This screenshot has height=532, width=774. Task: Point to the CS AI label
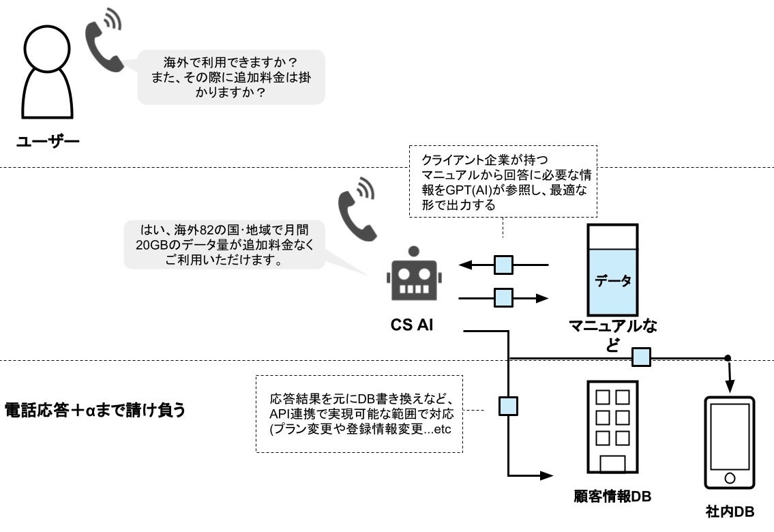(412, 325)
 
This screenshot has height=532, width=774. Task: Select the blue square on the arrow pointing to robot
(503, 264)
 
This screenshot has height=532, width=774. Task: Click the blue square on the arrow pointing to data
(503, 298)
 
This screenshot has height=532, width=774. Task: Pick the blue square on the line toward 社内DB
(640, 357)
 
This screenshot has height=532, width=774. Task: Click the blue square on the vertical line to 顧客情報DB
(509, 407)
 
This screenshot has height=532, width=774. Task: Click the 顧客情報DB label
(612, 497)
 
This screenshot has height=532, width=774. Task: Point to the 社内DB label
(730, 512)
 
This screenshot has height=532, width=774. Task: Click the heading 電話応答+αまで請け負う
(95, 411)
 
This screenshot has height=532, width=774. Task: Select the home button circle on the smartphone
(730, 477)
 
